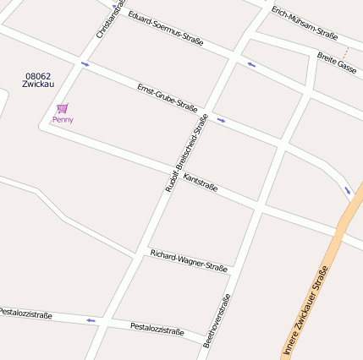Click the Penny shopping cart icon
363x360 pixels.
(63, 108)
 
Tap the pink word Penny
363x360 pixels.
(63, 120)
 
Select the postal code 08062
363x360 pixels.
(38, 75)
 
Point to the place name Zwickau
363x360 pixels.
(38, 84)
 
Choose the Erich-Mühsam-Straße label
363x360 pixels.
(305, 23)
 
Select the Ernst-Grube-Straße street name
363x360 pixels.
(168, 97)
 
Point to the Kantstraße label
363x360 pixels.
(201, 183)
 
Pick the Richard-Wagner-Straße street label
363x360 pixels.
(189, 260)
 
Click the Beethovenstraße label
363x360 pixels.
(217, 321)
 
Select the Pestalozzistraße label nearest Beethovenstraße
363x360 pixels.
(157, 329)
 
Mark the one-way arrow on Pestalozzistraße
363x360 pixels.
(91, 320)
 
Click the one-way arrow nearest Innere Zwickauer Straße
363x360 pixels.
(347, 190)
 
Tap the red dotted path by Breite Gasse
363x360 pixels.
(345, 52)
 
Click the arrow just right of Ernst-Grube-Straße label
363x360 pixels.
(221, 120)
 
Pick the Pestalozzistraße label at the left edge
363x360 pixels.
(25, 314)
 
